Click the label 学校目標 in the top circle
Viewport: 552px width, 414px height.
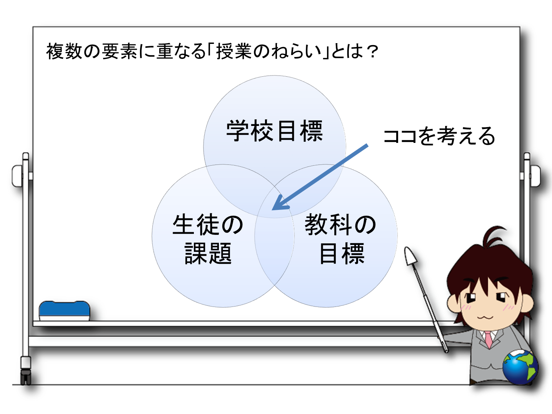(x=274, y=131)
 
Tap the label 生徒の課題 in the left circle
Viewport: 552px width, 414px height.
(x=208, y=239)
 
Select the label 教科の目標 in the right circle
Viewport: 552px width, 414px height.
(x=340, y=239)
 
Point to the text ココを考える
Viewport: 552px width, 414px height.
(x=439, y=136)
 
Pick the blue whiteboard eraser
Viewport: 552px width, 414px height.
(x=64, y=311)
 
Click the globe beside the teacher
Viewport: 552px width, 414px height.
(x=520, y=367)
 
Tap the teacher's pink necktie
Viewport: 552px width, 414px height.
(x=489, y=339)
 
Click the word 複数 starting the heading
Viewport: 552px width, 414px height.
(x=64, y=52)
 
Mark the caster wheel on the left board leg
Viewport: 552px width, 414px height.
(x=26, y=377)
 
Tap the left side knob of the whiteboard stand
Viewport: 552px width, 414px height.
(x=17, y=176)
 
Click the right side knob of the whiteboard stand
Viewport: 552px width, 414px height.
(x=535, y=176)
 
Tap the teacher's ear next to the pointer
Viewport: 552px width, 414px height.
(x=453, y=303)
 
